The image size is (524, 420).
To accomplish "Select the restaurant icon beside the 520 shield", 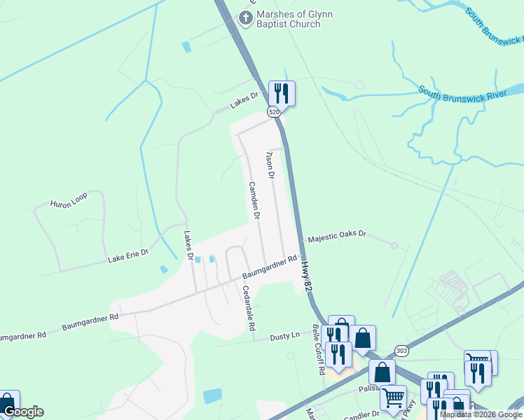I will (x=282, y=92).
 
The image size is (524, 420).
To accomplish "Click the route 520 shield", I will (x=274, y=111).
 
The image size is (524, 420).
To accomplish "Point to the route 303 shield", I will (x=401, y=350).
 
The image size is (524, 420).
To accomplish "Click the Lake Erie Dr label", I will (x=128, y=255).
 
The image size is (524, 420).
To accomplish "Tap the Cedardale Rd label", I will (x=248, y=308).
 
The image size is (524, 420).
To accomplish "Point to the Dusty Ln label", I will (x=284, y=337).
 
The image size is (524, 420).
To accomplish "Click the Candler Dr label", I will (x=363, y=414).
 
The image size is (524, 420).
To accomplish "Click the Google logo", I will (x=23, y=412).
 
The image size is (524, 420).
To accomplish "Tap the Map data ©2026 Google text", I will (x=481, y=415).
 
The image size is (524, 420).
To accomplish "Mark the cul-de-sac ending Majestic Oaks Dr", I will (x=395, y=246).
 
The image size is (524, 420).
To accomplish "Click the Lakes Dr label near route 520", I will (x=244, y=101).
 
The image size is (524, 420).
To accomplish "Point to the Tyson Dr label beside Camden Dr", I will (x=270, y=164).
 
